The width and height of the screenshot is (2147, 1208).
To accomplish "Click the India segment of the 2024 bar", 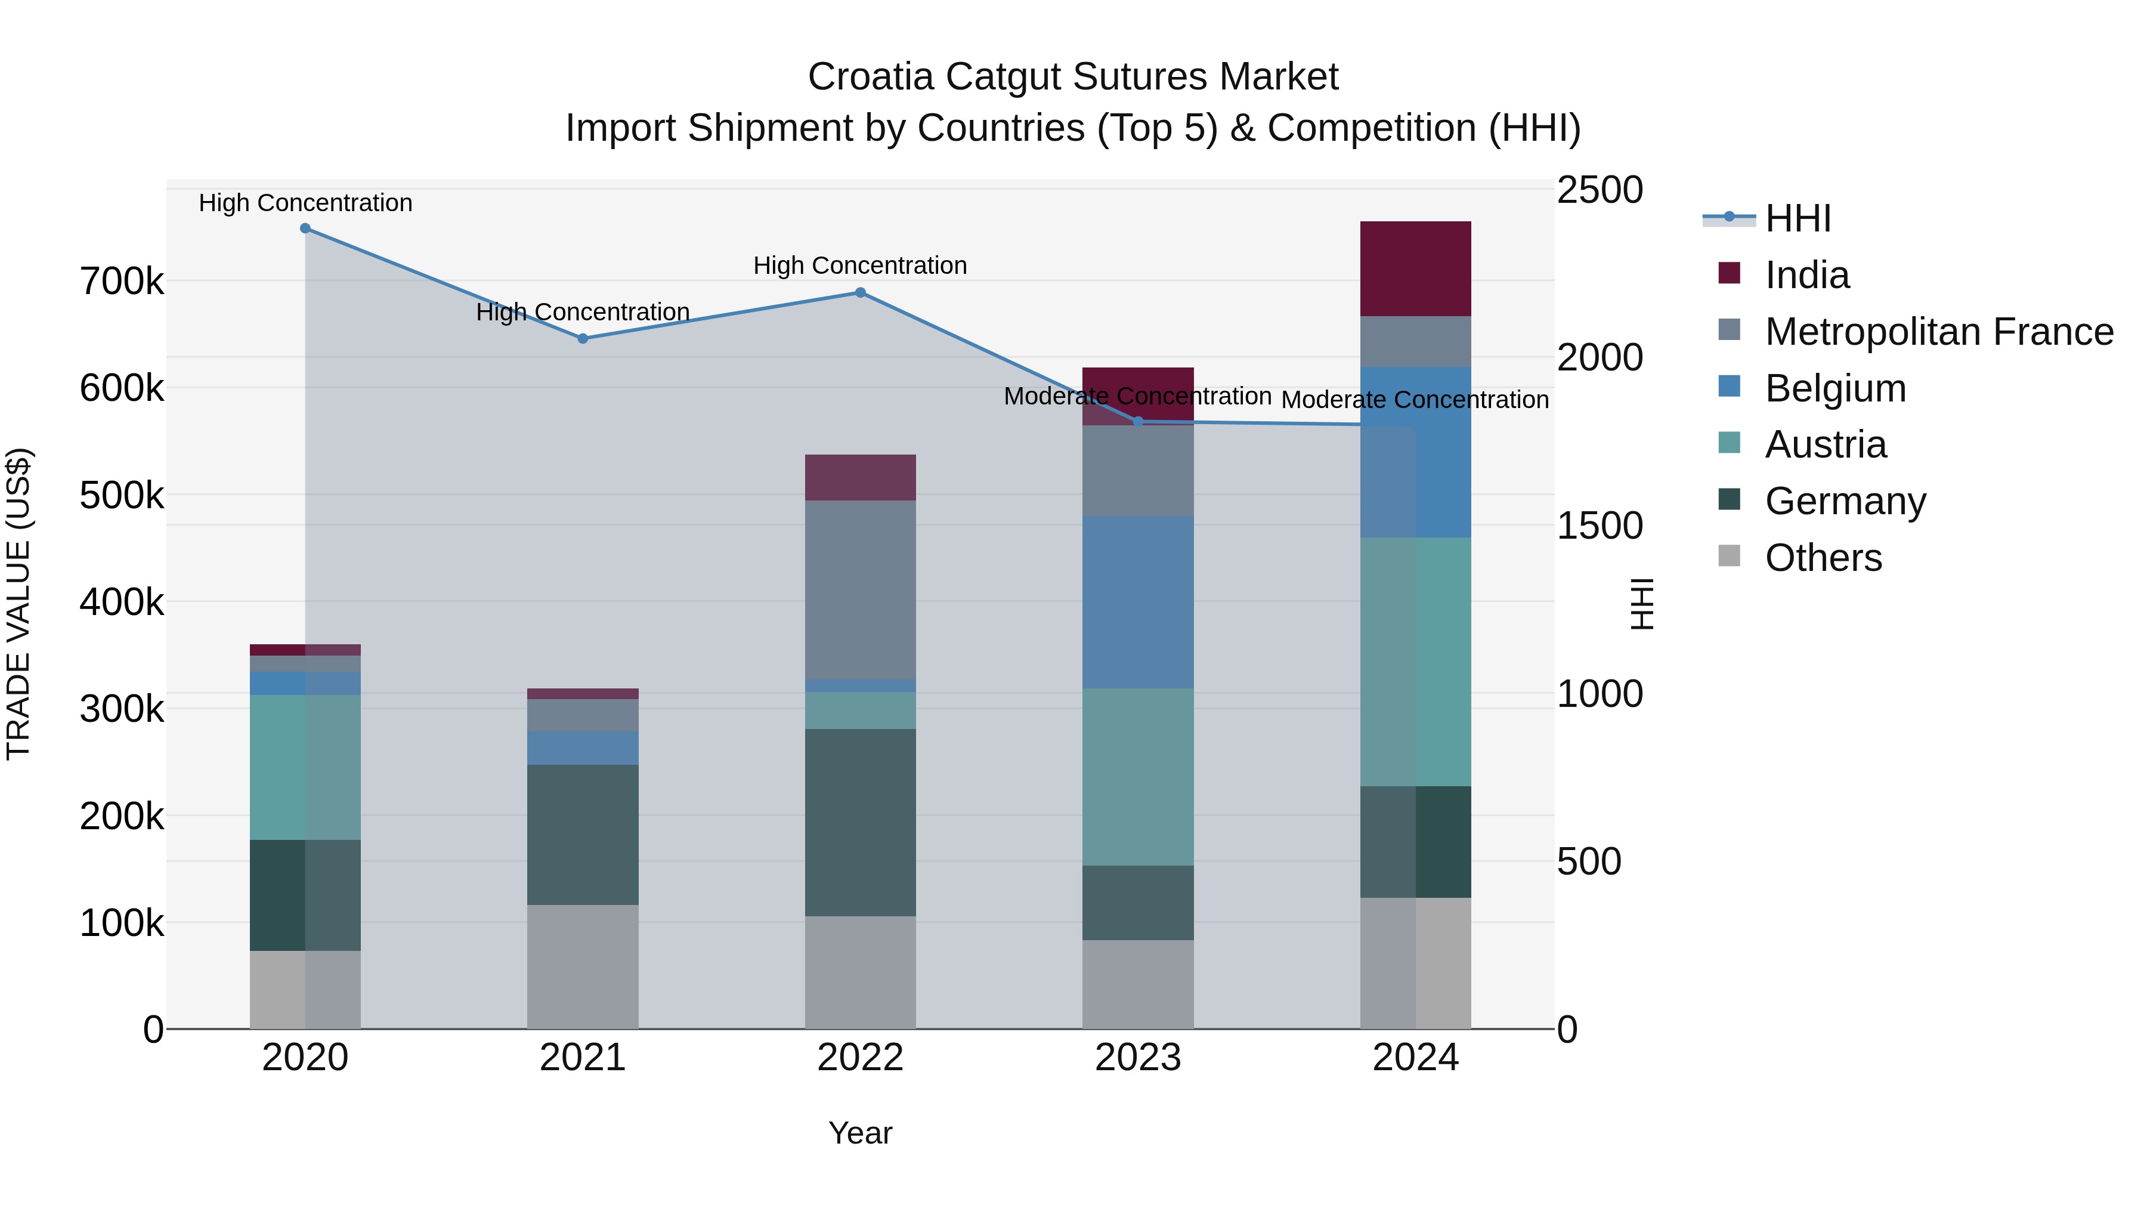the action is [x=1415, y=268].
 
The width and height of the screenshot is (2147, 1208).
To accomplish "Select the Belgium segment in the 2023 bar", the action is [x=1138, y=602].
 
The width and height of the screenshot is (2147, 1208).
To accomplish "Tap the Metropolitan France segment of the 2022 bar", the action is [x=860, y=589].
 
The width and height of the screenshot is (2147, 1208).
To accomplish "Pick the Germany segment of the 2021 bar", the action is [x=583, y=835].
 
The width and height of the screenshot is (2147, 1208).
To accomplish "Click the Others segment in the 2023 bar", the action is [x=1138, y=984].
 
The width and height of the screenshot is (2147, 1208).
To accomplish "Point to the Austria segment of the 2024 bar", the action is [x=1415, y=662].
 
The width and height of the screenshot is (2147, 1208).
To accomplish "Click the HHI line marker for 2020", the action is [x=305, y=228].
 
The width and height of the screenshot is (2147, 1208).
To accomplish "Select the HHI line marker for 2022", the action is [x=860, y=293].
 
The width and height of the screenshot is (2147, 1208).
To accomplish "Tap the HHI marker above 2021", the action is [x=583, y=338].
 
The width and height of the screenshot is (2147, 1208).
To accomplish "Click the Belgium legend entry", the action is [x=1834, y=388].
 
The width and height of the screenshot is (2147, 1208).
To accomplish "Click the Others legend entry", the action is [x=1823, y=558].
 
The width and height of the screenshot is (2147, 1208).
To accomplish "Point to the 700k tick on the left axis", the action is [x=122, y=282].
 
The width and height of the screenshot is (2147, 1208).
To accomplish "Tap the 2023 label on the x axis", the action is [x=1138, y=1058].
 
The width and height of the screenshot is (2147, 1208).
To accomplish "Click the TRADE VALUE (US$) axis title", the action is [x=18, y=604].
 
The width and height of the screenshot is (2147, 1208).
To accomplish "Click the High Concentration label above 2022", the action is [x=860, y=266].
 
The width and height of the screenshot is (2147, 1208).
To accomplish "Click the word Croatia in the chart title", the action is [x=870, y=77].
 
